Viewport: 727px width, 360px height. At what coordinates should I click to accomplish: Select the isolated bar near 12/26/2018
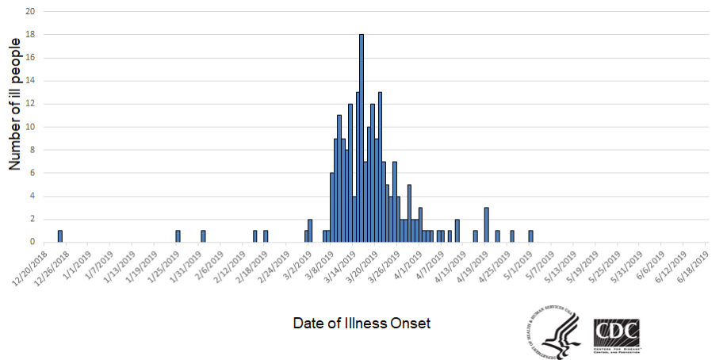point(60,236)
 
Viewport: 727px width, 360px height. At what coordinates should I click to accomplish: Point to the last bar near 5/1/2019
point(530,236)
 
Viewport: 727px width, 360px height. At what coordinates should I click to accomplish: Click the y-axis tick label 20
point(29,12)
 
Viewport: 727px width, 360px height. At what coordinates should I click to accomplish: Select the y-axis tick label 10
point(29,127)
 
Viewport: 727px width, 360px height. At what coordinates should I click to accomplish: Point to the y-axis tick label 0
point(32,242)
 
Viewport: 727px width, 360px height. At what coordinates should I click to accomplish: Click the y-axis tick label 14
point(29,81)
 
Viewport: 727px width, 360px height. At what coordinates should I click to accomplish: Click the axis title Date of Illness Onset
point(362,324)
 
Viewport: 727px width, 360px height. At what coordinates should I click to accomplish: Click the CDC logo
point(616,333)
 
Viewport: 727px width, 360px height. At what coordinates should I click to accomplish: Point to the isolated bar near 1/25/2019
point(178,236)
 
